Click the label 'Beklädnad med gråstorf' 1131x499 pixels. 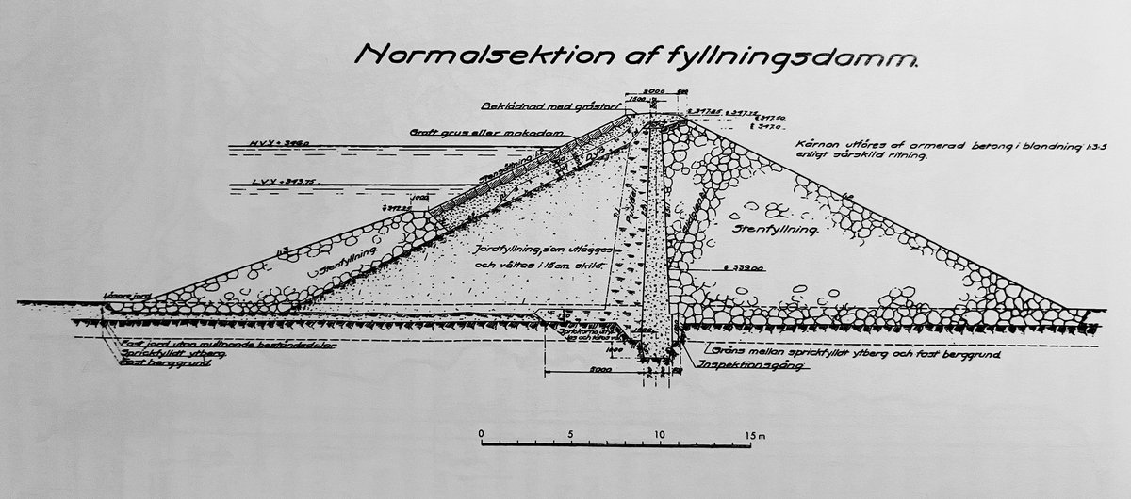[548, 106]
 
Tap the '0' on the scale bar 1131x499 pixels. [482, 434]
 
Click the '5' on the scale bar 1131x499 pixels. [570, 434]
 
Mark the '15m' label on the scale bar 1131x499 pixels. [754, 434]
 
